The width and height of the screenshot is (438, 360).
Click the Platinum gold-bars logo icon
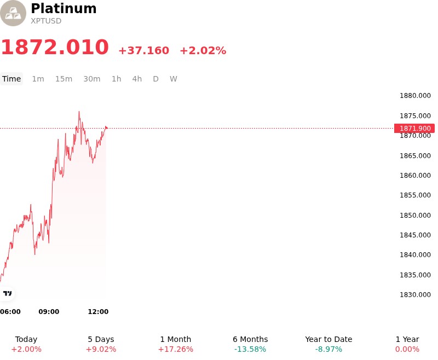[13, 13]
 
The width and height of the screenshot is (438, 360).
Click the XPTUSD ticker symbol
[46, 21]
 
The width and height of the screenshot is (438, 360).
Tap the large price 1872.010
[55, 47]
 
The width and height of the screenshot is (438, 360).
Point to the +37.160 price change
[144, 50]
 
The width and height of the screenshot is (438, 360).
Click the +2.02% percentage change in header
[203, 50]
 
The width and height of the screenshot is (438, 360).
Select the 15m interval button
[64, 79]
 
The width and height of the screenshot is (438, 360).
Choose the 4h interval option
[137, 79]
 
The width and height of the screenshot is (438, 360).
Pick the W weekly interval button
[173, 79]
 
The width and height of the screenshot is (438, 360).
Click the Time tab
[11, 79]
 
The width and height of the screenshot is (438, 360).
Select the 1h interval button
[116, 79]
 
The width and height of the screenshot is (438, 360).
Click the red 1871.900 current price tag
[414, 129]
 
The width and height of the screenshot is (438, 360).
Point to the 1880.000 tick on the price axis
[415, 96]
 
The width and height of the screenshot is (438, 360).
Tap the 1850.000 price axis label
[415, 215]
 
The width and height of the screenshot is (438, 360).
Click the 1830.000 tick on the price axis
[415, 295]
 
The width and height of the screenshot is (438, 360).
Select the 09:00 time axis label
[49, 312]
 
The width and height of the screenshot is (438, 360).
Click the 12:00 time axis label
[98, 312]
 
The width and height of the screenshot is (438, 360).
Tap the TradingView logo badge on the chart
[7, 293]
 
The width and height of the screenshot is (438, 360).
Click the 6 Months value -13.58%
[250, 350]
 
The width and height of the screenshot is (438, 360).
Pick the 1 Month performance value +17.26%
[175, 350]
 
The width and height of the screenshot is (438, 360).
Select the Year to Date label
[328, 339]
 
